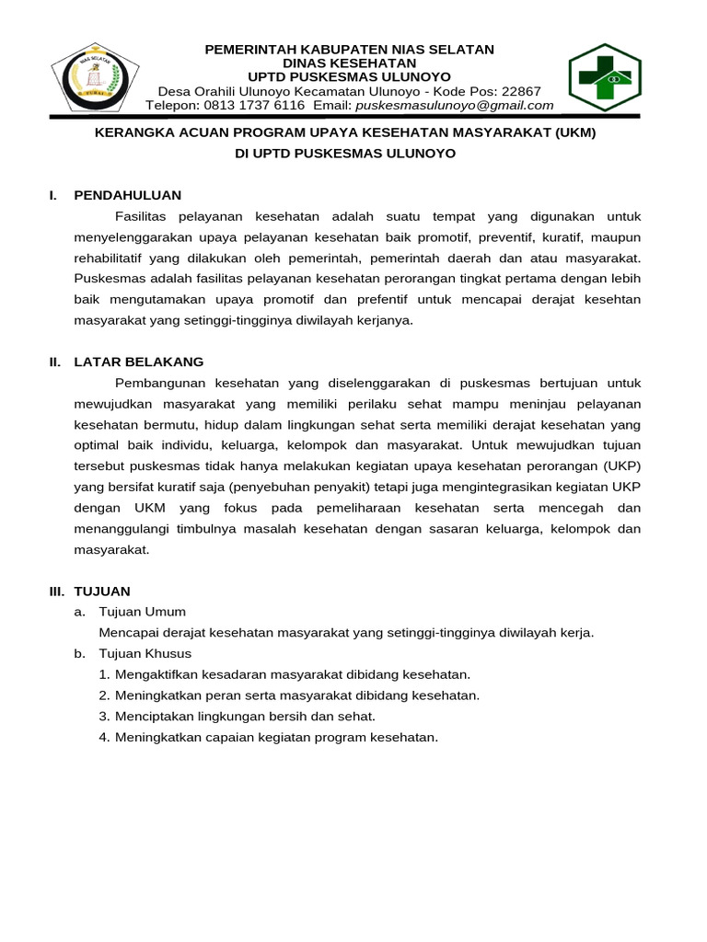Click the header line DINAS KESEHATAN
coord(349,63)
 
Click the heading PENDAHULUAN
coord(128,195)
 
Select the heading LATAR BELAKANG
coord(139,362)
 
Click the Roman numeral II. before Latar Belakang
coord(55,362)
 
